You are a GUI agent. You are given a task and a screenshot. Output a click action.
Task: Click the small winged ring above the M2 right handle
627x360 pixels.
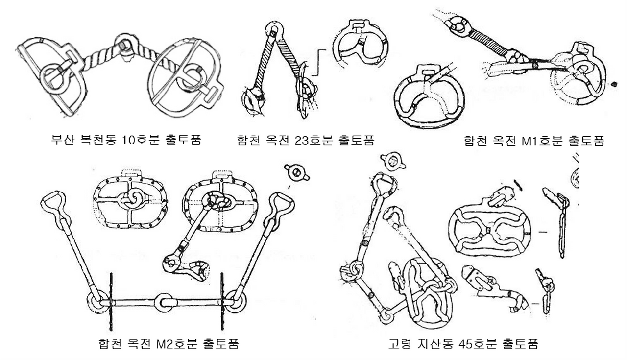click(x=296, y=172)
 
